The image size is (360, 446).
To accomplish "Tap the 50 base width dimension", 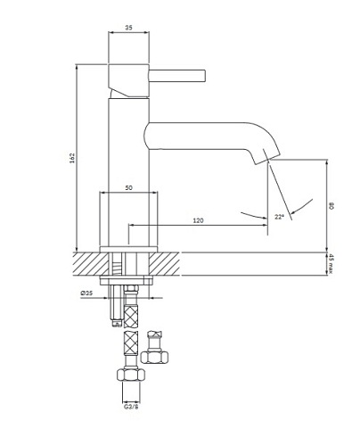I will [129, 188].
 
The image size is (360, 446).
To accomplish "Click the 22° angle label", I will [279, 217].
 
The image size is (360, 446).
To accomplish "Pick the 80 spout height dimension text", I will [331, 205].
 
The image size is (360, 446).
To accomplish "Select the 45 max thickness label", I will [331, 264].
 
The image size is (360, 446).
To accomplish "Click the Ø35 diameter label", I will [87, 293].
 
